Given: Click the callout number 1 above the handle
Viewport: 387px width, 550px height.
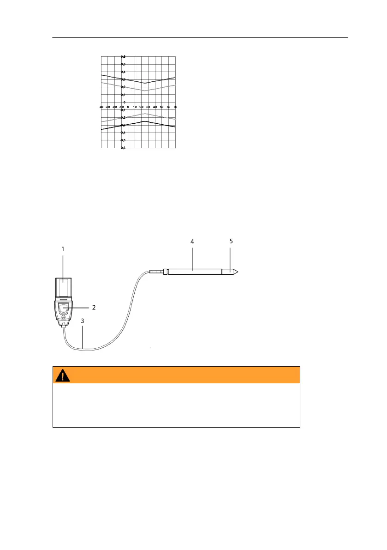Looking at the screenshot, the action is coord(63,248).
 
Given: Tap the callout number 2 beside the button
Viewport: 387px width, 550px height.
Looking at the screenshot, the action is coord(95,307).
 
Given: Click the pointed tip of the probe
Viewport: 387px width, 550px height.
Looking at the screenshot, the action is coord(239,272).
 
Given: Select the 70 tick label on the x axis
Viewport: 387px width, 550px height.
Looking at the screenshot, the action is coord(175,107).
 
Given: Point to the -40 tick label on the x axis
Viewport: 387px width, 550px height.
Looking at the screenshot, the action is coord(101,107).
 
